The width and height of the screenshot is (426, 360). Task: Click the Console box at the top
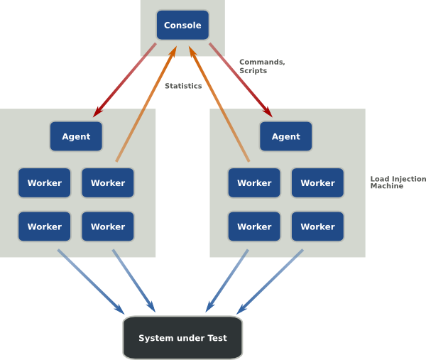[182, 26]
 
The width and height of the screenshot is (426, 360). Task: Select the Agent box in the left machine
[76, 136]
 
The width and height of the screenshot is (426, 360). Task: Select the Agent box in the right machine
[286, 136]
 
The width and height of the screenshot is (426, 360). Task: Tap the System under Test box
[182, 338]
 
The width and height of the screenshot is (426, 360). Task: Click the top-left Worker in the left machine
[45, 182]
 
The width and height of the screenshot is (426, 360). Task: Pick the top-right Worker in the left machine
[108, 182]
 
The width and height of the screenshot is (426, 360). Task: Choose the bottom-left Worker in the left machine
[45, 227]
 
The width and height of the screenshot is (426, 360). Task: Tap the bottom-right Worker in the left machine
[108, 227]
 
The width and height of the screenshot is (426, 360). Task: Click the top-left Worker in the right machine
[254, 182]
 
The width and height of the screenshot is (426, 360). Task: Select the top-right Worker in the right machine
[317, 182]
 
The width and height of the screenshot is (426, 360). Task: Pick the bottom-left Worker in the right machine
[254, 227]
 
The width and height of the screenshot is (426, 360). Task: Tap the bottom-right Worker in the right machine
[317, 227]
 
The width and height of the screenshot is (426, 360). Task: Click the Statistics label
[183, 86]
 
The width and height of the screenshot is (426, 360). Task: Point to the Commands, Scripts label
[262, 66]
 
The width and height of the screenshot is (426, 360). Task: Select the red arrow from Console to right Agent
[241, 80]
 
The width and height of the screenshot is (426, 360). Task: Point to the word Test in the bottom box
[217, 338]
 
